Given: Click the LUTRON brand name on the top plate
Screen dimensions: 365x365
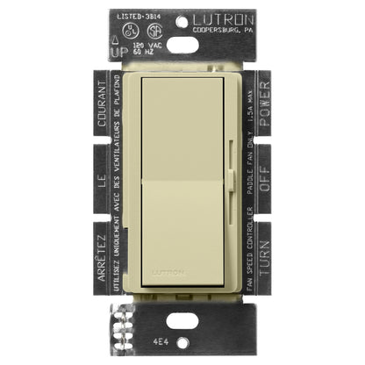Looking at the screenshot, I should [229, 17].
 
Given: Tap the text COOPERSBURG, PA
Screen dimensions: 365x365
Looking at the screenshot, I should [231, 28].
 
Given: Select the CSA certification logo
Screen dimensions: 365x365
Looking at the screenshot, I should [151, 28].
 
